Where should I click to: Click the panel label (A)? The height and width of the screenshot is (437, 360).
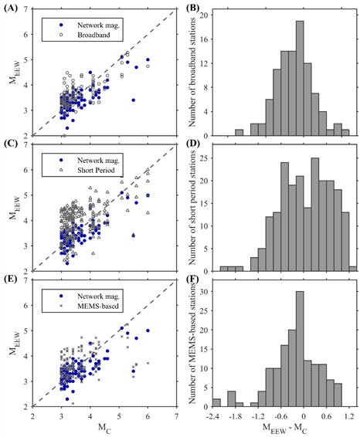click(x=11, y=8)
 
